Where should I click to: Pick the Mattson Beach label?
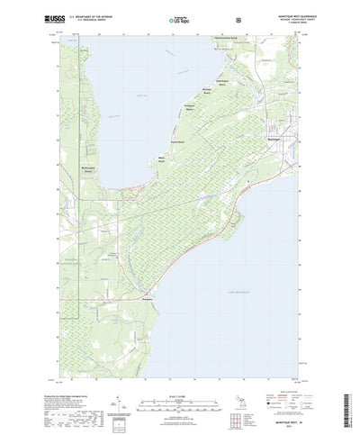tap(206, 90)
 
